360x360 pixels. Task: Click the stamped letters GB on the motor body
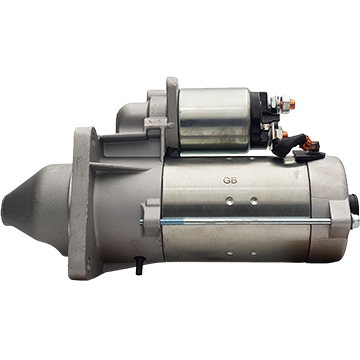230,181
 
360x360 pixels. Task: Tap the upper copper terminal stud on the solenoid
292,104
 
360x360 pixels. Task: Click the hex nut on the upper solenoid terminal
285,104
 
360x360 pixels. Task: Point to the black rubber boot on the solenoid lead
289,144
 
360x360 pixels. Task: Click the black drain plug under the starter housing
139,265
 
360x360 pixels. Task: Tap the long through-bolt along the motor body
236,222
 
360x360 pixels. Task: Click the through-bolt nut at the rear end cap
355,221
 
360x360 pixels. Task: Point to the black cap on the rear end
354,204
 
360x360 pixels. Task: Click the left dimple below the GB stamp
229,201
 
